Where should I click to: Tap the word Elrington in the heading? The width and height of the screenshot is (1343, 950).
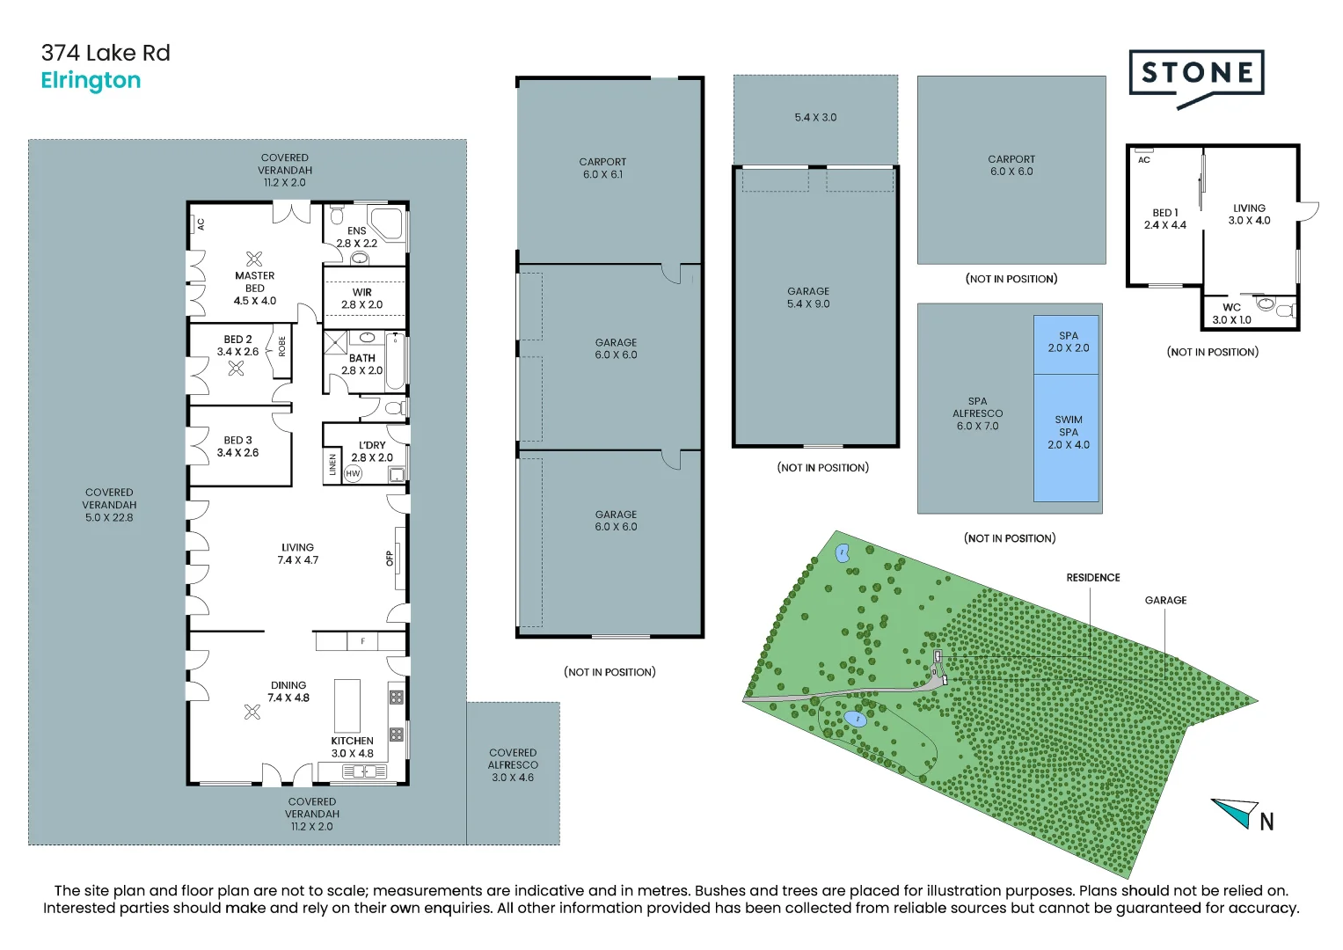click(x=91, y=80)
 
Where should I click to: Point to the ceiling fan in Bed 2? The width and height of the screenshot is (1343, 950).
click(x=237, y=369)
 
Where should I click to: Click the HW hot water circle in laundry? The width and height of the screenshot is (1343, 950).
click(x=354, y=474)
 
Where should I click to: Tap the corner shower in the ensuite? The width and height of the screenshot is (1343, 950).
click(x=387, y=223)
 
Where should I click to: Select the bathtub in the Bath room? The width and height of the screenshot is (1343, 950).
click(x=396, y=362)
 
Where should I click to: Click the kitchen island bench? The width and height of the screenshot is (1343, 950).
click(x=347, y=705)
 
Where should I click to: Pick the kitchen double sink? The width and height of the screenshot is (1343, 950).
click(x=364, y=771)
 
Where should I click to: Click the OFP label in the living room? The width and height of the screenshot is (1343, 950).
click(x=389, y=559)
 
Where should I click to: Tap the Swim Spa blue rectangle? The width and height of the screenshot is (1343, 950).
click(x=1066, y=438)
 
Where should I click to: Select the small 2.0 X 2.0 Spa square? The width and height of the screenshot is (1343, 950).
click(x=1066, y=344)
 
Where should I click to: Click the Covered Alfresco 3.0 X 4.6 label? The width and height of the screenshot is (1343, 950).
click(x=513, y=764)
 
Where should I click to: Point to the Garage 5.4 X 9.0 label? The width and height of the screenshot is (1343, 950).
click(x=808, y=297)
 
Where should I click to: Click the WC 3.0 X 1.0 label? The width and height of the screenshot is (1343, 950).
click(x=1231, y=314)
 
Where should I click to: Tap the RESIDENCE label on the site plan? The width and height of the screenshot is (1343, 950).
click(x=1093, y=578)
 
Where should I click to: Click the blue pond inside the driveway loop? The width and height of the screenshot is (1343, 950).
click(x=855, y=719)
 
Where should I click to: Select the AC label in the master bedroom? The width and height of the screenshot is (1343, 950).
click(x=201, y=224)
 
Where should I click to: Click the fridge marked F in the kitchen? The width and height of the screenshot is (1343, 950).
click(x=362, y=641)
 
